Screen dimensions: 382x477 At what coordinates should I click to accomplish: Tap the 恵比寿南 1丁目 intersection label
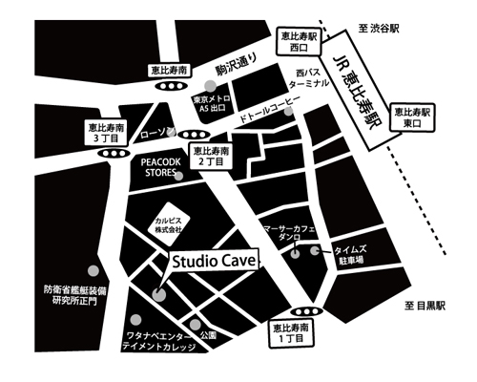click(x=293, y=334)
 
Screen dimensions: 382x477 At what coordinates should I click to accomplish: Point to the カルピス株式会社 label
click(x=175, y=222)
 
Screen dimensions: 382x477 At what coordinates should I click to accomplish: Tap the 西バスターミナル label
click(x=312, y=76)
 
